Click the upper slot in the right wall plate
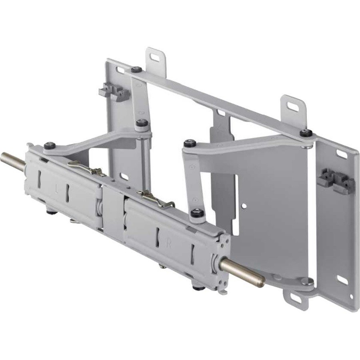pos(342,154)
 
